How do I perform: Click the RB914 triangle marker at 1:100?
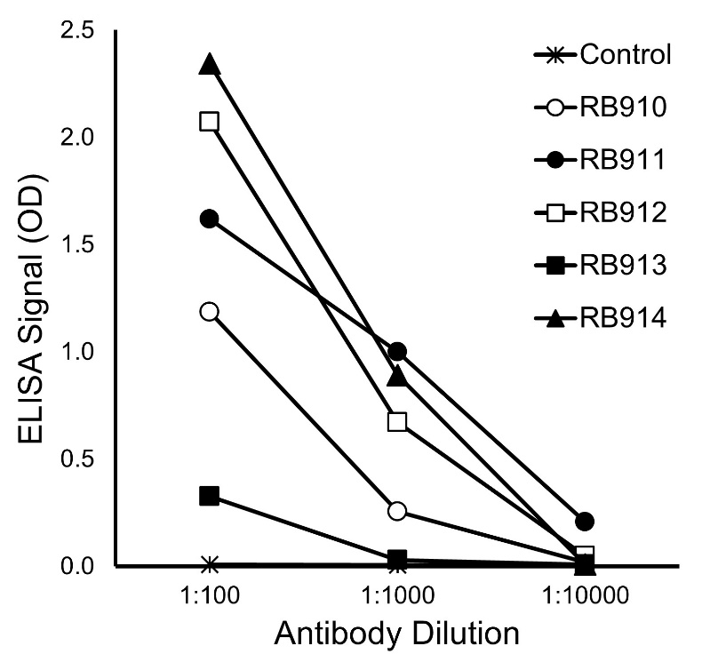[x=210, y=65]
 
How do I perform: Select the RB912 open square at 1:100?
[x=210, y=122]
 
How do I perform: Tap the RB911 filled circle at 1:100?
[x=210, y=219]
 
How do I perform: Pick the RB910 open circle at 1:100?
[x=210, y=311]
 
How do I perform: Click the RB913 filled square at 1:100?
[x=210, y=496]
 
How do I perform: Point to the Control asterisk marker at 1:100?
[x=210, y=565]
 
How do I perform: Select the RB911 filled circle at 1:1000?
[x=397, y=351]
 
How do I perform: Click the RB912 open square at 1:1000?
[x=397, y=421]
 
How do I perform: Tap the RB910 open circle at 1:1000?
[x=397, y=511]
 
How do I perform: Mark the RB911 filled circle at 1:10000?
[x=584, y=521]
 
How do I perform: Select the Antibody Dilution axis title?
[x=397, y=634]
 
